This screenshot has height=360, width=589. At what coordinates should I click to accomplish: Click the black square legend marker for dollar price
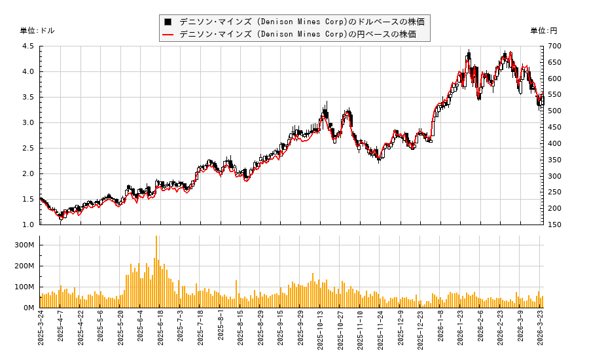tap(168, 22)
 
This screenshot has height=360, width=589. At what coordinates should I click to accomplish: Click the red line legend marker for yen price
tap(168, 34)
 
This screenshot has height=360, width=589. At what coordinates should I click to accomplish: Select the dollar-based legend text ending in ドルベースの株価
tap(302, 22)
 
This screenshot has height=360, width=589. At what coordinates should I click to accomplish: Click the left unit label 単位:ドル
tap(37, 31)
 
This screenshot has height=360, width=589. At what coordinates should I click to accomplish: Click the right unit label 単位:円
tap(544, 31)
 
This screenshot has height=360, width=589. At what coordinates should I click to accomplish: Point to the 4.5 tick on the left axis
tap(28, 46)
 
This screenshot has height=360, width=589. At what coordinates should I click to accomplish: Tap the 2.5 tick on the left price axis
tap(28, 149)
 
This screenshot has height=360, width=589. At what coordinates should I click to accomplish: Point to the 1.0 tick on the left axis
tap(28, 225)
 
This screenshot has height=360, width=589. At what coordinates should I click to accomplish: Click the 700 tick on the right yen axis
tap(554, 46)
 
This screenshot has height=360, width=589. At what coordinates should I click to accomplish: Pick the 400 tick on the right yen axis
tap(554, 143)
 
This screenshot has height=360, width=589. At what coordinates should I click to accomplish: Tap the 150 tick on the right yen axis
tap(554, 225)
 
